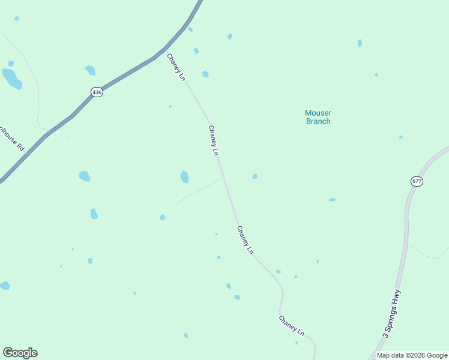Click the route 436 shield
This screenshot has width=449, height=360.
pyautogui.click(x=97, y=92)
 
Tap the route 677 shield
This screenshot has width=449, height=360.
pyautogui.click(x=417, y=181)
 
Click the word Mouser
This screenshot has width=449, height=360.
pyautogui.click(x=318, y=113)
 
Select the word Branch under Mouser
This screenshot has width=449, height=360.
pyautogui.click(x=318, y=121)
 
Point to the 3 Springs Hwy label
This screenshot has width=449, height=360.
pyautogui.click(x=391, y=314)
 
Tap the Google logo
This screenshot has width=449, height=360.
pyautogui.click(x=20, y=353)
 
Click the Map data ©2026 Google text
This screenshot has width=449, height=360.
pyautogui.click(x=412, y=355)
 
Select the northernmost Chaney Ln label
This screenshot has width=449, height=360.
pyautogui.click(x=176, y=67)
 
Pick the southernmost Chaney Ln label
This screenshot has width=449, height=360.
pyautogui.click(x=292, y=325)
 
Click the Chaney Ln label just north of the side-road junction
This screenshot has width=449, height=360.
pyautogui.click(x=213, y=140)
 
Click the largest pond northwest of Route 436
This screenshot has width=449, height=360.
pyautogui.click(x=11, y=78)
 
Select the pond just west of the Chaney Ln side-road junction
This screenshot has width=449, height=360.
pyautogui.click(x=184, y=177)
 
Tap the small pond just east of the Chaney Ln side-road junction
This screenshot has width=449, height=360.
pyautogui.click(x=255, y=176)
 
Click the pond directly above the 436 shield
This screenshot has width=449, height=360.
pyautogui.click(x=90, y=70)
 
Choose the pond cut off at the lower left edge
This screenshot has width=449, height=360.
pyautogui.click(x=4, y=285)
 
